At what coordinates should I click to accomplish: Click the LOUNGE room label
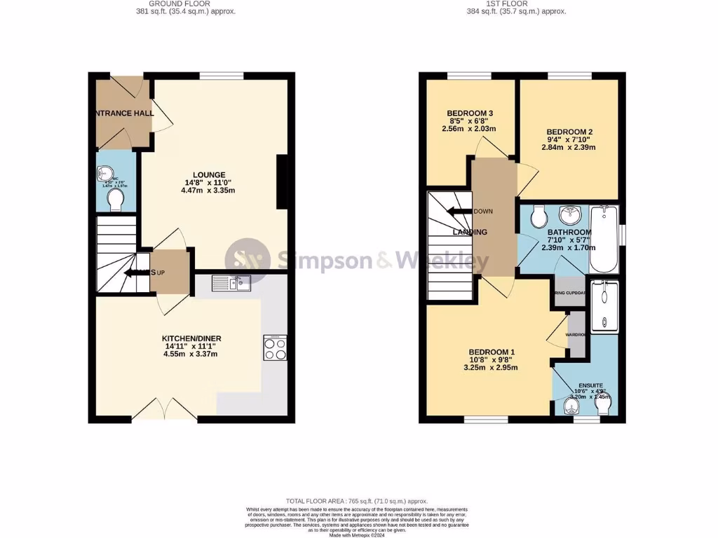[210, 175]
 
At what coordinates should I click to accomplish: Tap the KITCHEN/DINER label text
[190, 338]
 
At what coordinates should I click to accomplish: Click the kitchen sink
[231, 284]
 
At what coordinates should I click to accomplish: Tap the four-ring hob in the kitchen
[274, 348]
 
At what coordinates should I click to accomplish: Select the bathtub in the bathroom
[604, 240]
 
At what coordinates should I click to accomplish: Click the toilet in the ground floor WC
[116, 201]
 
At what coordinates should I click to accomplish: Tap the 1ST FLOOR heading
[507, 4]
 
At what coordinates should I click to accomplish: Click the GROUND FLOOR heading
[168, 4]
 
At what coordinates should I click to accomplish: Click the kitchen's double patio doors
[164, 410]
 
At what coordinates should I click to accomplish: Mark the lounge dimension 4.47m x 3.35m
[208, 191]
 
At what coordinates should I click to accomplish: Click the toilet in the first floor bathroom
[538, 216]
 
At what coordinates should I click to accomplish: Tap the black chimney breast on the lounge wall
[283, 182]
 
